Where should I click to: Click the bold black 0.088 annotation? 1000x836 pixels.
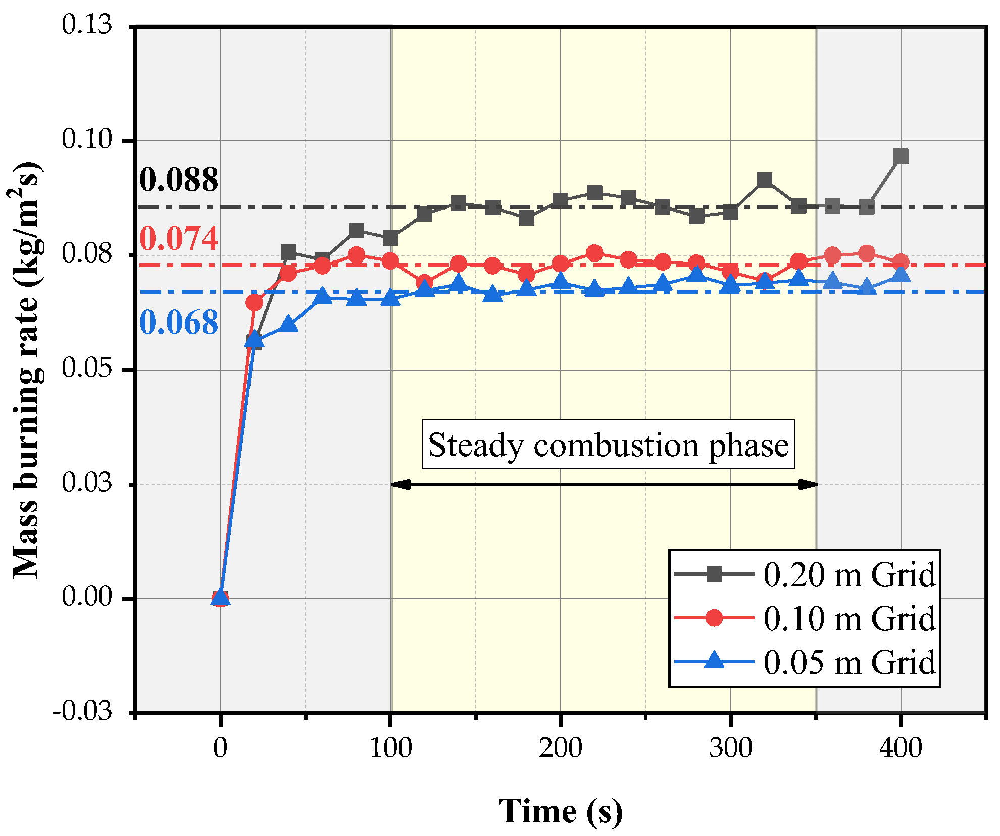tap(179, 180)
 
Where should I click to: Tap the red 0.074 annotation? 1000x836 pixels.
tap(179, 238)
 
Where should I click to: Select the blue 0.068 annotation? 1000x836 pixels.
tap(179, 323)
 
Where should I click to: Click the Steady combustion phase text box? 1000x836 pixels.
tap(608, 445)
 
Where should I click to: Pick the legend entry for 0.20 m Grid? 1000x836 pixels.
tap(805, 574)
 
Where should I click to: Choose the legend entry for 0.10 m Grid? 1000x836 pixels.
tap(805, 618)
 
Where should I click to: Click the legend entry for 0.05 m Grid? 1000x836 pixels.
tap(805, 662)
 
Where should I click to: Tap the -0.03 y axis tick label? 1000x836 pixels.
tap(82, 712)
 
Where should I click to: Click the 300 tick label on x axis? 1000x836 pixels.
tap(730, 748)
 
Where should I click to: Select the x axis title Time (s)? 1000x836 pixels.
tap(561, 811)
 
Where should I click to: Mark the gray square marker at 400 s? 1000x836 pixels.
tap(901, 156)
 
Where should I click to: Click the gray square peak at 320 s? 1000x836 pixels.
tap(765, 180)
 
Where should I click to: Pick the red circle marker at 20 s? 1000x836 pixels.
tap(254, 303)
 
